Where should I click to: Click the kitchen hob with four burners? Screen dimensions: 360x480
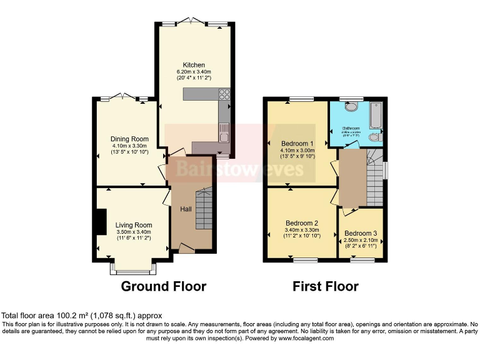[x=224, y=96]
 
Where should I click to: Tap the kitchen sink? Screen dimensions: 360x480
[x=224, y=132]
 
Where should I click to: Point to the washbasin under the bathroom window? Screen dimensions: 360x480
[x=351, y=107]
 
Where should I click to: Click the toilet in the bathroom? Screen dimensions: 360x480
[x=374, y=137]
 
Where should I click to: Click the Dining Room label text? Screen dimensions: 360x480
[x=130, y=139]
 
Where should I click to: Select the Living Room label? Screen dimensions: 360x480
[x=134, y=225]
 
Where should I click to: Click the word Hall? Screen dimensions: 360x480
[x=186, y=209]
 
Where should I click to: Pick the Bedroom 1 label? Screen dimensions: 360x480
[x=297, y=142]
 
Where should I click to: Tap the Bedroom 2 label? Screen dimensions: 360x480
[x=302, y=222]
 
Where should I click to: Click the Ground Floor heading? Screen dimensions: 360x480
[x=163, y=287]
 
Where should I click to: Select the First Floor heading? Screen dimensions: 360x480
[x=326, y=287]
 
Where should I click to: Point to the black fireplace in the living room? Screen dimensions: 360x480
[x=100, y=221]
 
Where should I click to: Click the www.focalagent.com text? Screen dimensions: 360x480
[x=298, y=338]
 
